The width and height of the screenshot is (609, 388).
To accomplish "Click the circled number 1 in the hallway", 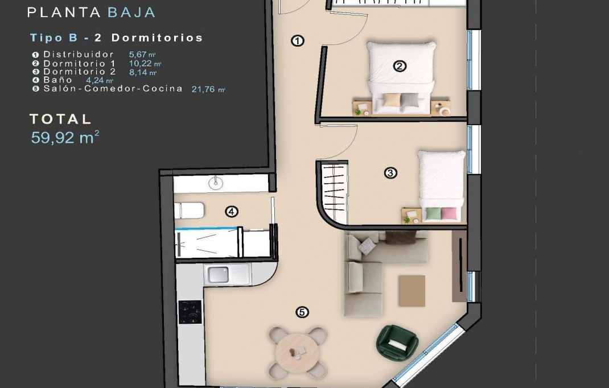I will pyautogui.click(x=297, y=40).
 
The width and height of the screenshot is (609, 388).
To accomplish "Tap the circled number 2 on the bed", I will pyautogui.click(x=400, y=67).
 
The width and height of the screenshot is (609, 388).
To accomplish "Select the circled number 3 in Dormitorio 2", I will pyautogui.click(x=390, y=173).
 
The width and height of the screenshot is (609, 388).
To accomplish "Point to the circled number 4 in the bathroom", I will pyautogui.click(x=231, y=212).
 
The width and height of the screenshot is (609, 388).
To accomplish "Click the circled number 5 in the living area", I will pyautogui.click(x=302, y=312).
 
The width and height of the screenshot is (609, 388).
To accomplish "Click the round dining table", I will pyautogui.click(x=297, y=351).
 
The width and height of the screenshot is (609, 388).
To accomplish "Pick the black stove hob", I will pyautogui.click(x=190, y=311).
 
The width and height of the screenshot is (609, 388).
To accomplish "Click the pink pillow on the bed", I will pyautogui.click(x=448, y=213).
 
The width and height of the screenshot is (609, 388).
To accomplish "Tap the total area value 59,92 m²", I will pyautogui.click(x=65, y=137).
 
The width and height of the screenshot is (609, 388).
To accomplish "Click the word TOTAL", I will pyautogui.click(x=61, y=119).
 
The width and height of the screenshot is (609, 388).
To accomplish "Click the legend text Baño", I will pyautogui.click(x=58, y=80).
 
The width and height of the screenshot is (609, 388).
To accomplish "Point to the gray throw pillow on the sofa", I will pyautogui.click(x=368, y=246).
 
